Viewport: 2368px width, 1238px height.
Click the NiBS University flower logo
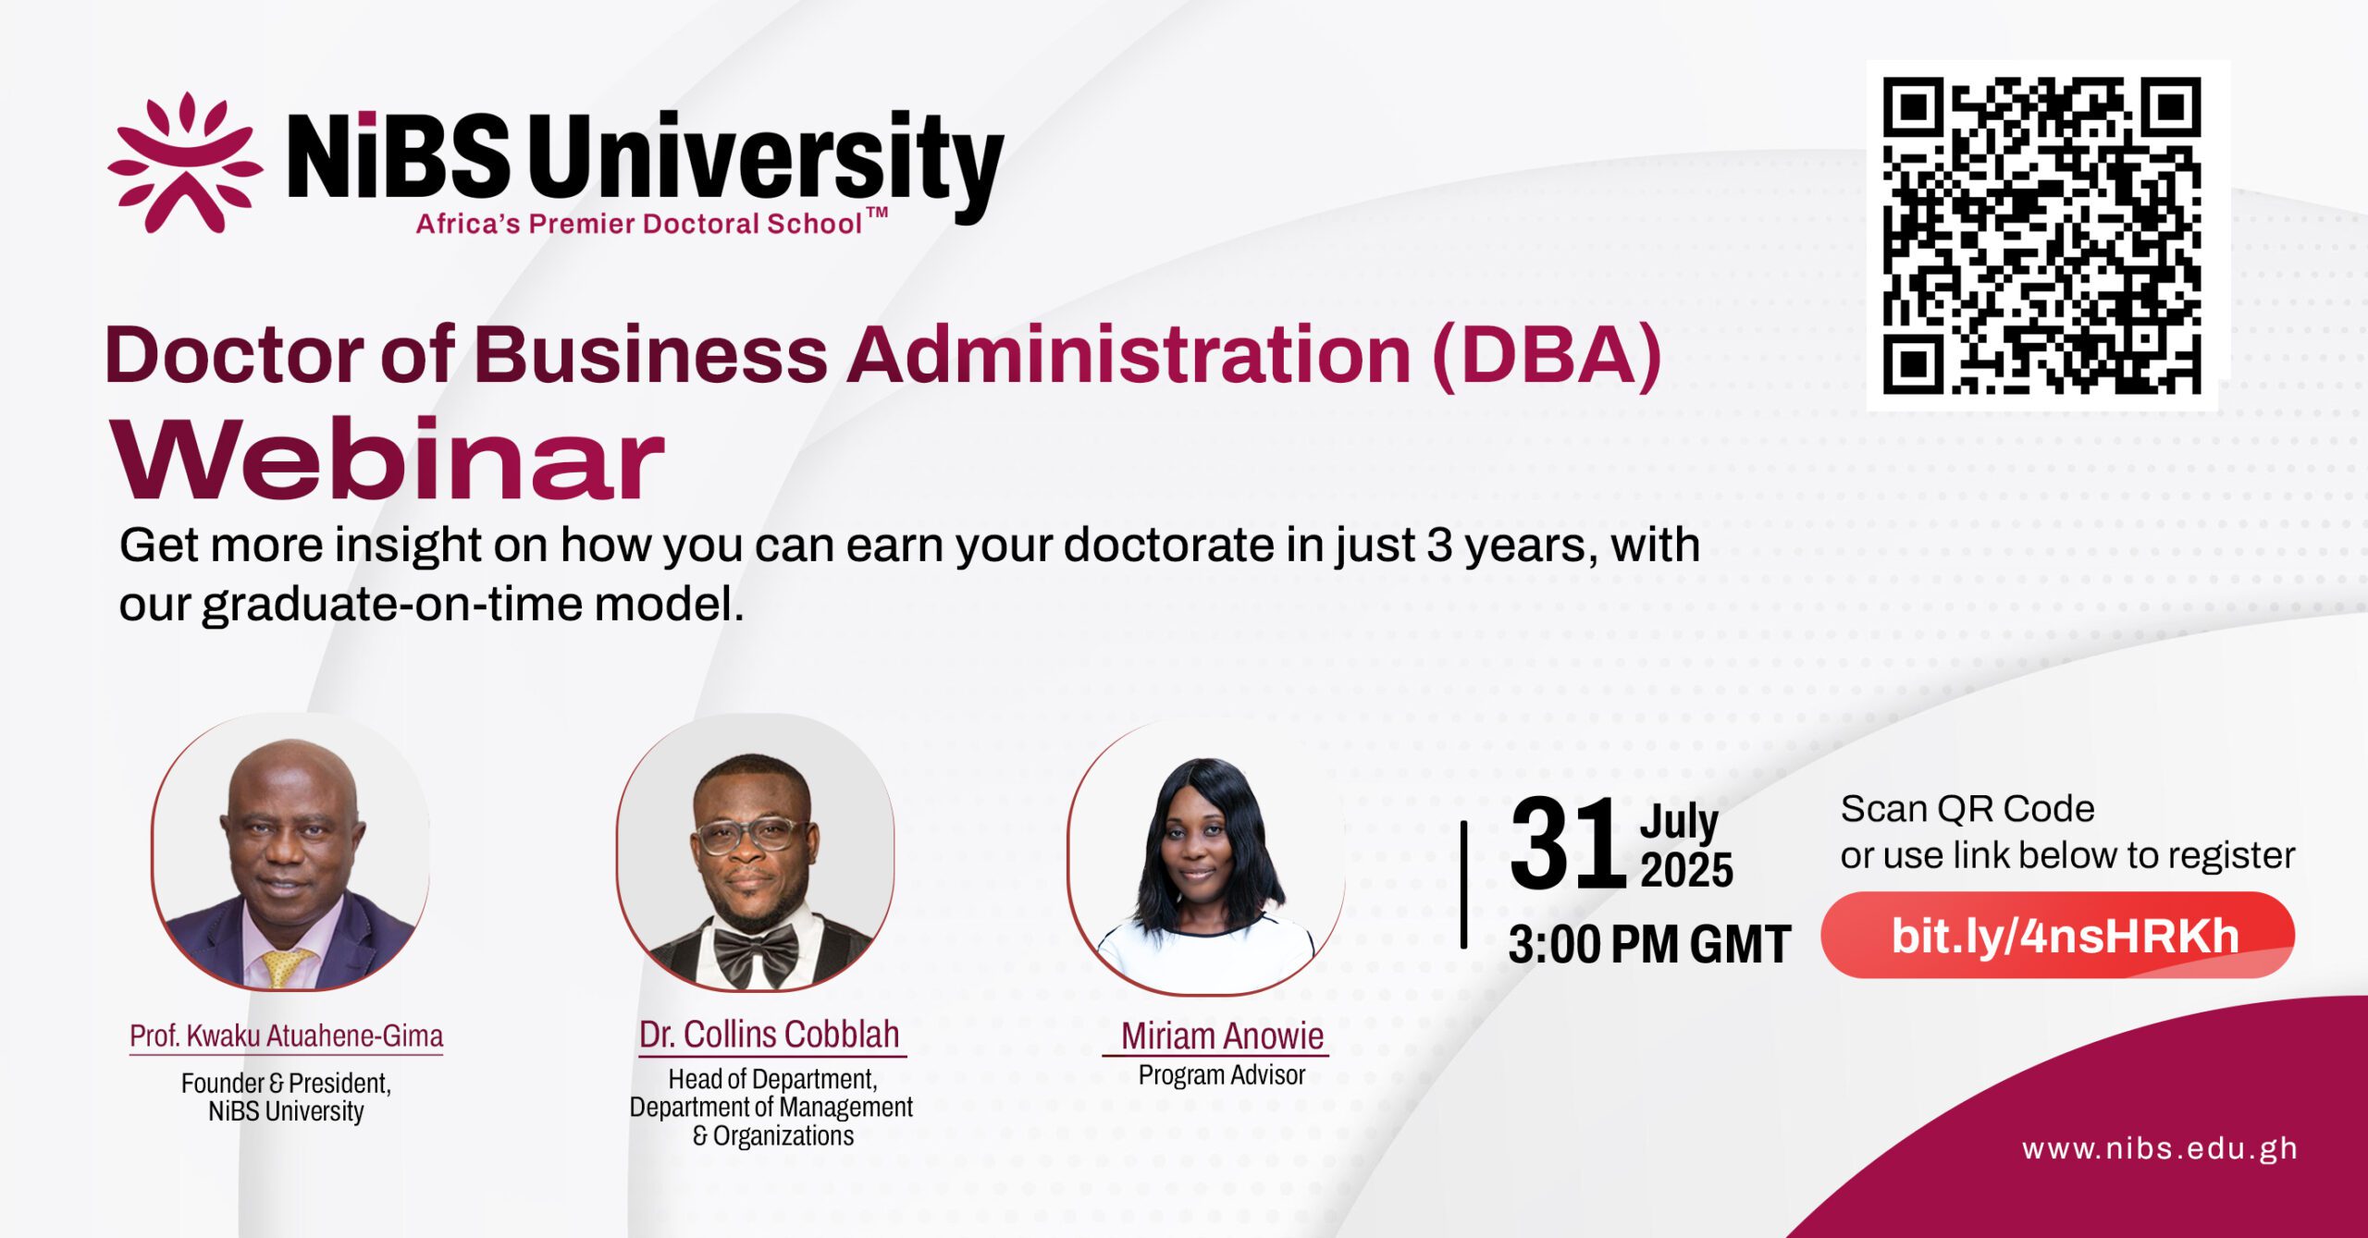pyautogui.click(x=185, y=162)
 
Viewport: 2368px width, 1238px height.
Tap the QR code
pyautogui.click(x=2041, y=236)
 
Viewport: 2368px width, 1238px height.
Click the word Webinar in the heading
pyautogui.click(x=388, y=460)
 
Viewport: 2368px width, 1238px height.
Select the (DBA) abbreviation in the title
pyautogui.click(x=1547, y=356)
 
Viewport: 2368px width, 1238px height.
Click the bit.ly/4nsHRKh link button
pyautogui.click(x=2058, y=935)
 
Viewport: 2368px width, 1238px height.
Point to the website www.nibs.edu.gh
pyautogui.click(x=2160, y=1148)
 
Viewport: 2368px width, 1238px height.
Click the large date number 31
pyautogui.click(x=1568, y=844)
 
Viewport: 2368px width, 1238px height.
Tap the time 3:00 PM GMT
pyautogui.click(x=1649, y=944)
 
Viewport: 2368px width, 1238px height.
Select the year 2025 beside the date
pyautogui.click(x=1686, y=870)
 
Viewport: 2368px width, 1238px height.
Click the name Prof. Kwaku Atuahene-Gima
pyautogui.click(x=286, y=1036)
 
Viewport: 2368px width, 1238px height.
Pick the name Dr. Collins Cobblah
pyautogui.click(x=770, y=1035)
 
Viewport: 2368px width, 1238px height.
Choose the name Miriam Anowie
pyautogui.click(x=1222, y=1036)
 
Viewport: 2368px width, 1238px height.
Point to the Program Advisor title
pyautogui.click(x=1222, y=1075)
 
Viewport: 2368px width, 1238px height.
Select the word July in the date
pyautogui.click(x=1679, y=822)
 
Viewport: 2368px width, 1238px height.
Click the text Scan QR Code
pyautogui.click(x=1967, y=809)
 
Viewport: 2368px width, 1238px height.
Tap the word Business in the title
pyautogui.click(x=651, y=355)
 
